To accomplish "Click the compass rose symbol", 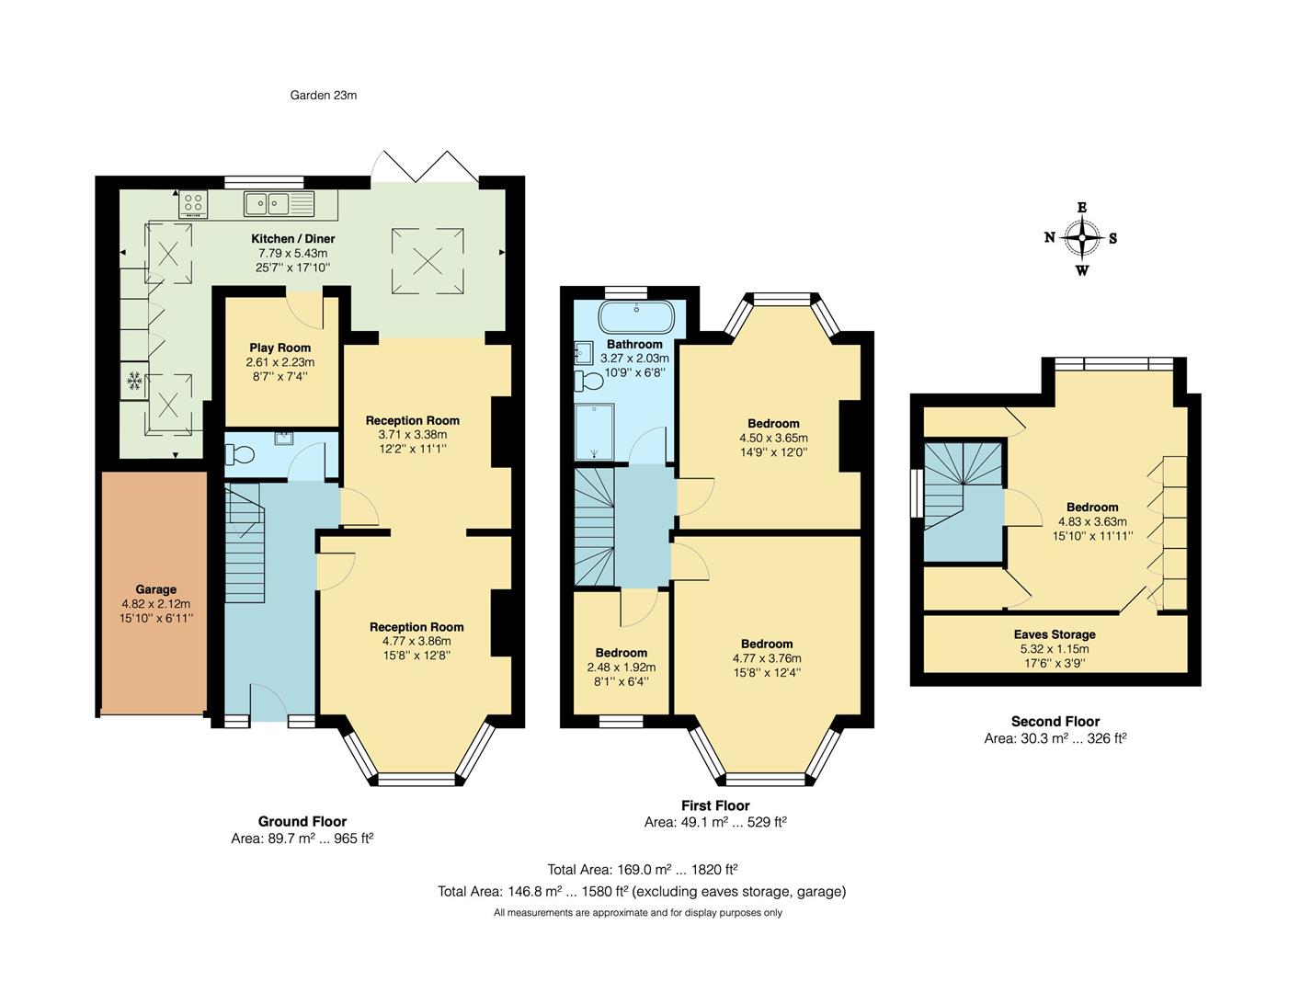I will (1081, 238).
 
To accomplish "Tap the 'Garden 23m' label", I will (324, 95).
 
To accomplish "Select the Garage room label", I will (155, 589).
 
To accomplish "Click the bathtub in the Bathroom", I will (634, 318).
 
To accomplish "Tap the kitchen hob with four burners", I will (193, 203).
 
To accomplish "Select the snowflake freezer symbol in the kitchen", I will (134, 381).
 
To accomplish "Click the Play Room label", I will (279, 348).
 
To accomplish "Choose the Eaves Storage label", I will (1055, 634).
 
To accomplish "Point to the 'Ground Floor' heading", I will (302, 822).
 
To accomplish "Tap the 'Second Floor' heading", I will (1055, 722).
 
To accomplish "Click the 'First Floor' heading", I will (715, 805).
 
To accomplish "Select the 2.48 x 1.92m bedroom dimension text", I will (621, 668).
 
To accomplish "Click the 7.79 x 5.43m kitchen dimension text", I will (292, 253).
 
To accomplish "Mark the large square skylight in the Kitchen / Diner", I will (428, 262).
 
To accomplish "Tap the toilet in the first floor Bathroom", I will (587, 380).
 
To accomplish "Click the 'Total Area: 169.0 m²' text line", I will (643, 869).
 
